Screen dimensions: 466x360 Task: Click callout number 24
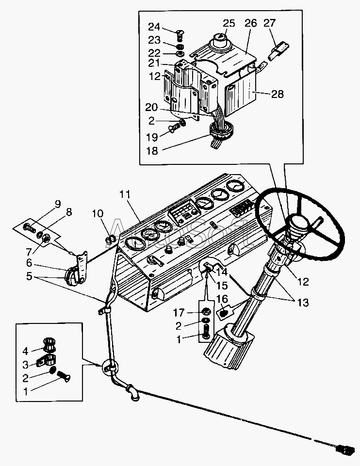(x=154, y=26)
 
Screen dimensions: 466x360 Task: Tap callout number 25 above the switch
(x=229, y=23)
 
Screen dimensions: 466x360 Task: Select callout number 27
(x=269, y=23)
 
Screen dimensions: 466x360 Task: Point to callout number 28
(x=277, y=94)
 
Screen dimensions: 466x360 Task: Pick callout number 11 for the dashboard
(x=125, y=194)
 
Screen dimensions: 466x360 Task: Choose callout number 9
(x=58, y=204)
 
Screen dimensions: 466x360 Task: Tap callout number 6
(x=29, y=262)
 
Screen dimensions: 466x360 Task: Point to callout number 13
(x=303, y=303)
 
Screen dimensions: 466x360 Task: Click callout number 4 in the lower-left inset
(x=26, y=350)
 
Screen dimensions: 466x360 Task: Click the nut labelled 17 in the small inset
(x=205, y=311)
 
